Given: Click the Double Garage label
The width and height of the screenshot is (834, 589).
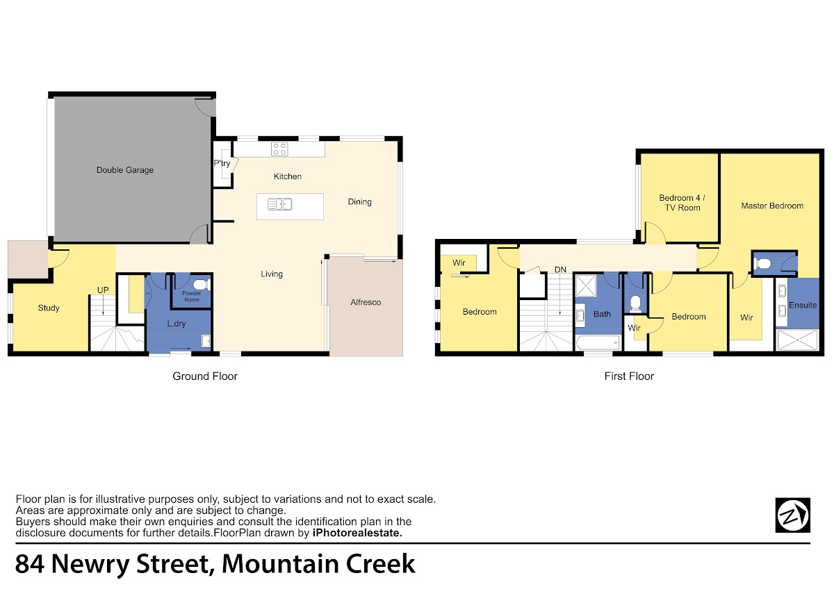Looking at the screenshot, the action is click(124, 170).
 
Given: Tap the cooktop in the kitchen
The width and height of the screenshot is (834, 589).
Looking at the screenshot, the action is click(279, 149).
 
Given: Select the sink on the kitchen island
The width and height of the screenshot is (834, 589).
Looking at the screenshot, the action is click(280, 204).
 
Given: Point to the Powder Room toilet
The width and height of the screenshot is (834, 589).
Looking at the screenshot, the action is click(202, 285).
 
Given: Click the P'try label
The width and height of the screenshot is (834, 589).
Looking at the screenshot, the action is click(222, 163).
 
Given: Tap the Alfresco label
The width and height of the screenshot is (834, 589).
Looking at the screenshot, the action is click(366, 302).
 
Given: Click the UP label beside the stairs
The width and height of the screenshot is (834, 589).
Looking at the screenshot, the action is click(103, 290).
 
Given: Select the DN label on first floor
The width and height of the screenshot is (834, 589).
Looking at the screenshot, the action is click(560, 269).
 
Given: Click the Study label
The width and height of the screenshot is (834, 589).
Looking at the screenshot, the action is click(49, 308).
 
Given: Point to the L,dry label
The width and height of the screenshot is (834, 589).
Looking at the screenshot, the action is click(177, 324).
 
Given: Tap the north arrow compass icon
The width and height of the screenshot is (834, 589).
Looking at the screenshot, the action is click(793, 515).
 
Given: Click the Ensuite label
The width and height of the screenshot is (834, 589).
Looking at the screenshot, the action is click(803, 305).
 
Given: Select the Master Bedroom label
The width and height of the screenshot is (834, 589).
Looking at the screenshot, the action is click(772, 206).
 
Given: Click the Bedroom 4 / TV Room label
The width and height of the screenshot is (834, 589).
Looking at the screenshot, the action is click(682, 203).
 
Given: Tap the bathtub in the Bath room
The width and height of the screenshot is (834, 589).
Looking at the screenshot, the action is click(598, 342).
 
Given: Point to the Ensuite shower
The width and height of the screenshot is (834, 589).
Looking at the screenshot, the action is click(798, 340).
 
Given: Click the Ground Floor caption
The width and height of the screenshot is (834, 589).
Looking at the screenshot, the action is click(205, 376).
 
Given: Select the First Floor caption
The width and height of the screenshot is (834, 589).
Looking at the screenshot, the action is click(629, 376).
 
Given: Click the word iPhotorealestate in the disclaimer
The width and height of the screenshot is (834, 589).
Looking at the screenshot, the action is click(357, 533).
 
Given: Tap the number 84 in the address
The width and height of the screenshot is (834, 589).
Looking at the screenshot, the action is click(30, 564).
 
